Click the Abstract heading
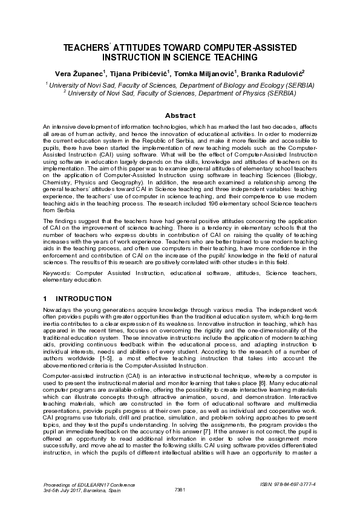pyautogui.click(x=180, y=115)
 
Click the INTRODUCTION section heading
pyautogui.click(x=83, y=299)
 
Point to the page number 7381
pyautogui.click(x=180, y=489)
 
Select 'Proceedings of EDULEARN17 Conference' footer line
pyautogui.click(x=90, y=485)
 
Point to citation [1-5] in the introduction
pyautogui.click(x=108, y=358)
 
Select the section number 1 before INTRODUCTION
pyautogui.click(x=45, y=299)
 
